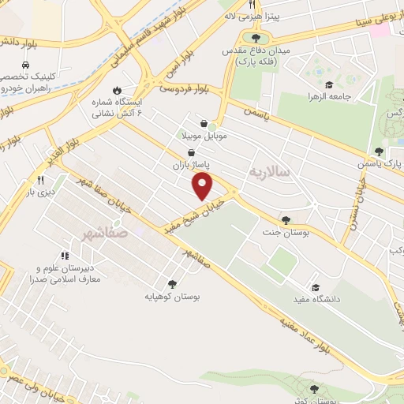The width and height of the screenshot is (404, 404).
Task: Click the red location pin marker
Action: pos(203,186)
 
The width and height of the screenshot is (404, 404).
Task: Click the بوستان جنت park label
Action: pos(285,234)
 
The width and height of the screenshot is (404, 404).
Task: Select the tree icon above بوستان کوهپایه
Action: pos(171,283)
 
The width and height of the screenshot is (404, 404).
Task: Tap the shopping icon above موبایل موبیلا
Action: pos(205,123)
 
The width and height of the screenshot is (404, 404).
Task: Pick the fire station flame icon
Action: pos(118,90)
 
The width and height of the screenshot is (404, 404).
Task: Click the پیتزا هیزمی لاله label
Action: pos(252,16)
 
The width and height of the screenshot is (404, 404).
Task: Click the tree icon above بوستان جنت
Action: pos(285,221)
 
